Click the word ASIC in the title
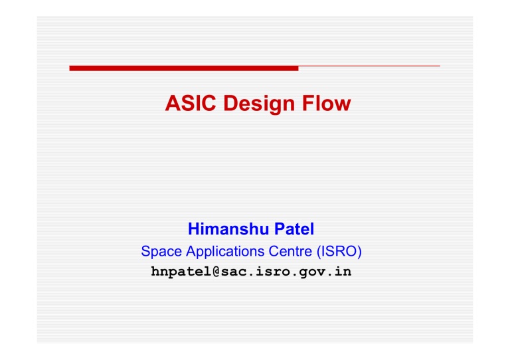point(191,103)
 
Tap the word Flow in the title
point(327,103)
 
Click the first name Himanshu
point(228,228)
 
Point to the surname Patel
point(294,228)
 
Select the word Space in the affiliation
point(161,252)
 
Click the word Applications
point(225,252)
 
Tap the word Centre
point(290,251)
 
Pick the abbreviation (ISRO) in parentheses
point(339,252)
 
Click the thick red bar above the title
point(184,68)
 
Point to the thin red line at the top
point(369,66)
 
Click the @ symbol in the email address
point(216,272)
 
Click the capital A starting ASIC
point(173,103)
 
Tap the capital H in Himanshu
point(194,228)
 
